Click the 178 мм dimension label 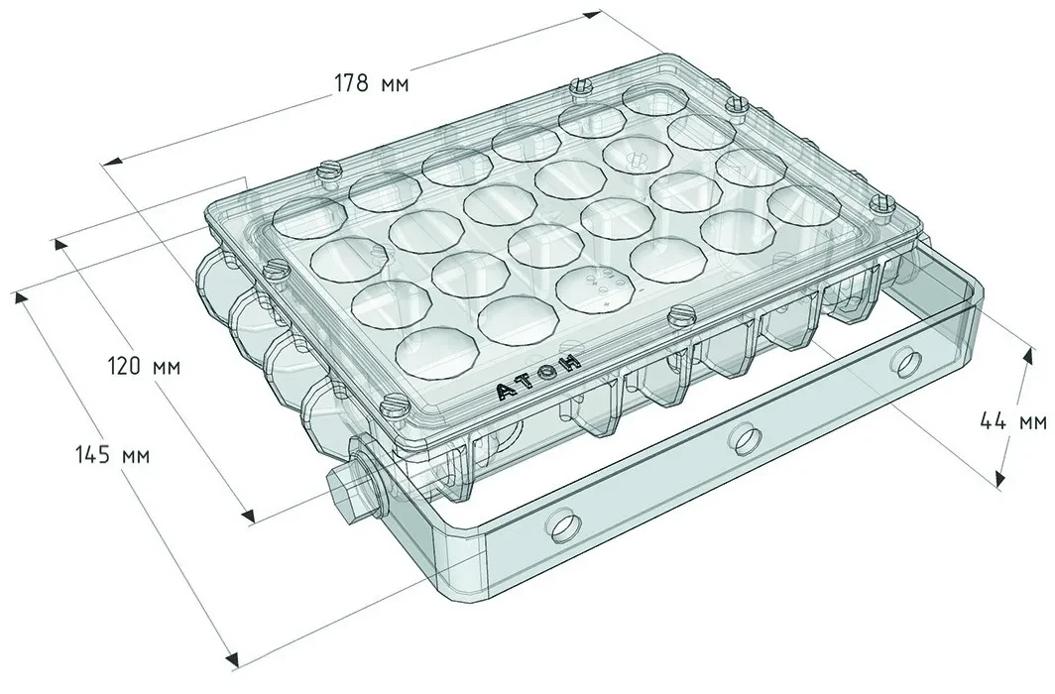click(371, 83)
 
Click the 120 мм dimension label click(144, 367)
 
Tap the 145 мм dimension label click(113, 455)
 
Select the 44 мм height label click(1012, 421)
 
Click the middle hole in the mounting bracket click(744, 438)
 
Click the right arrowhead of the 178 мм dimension click(591, 14)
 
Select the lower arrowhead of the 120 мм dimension click(248, 516)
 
